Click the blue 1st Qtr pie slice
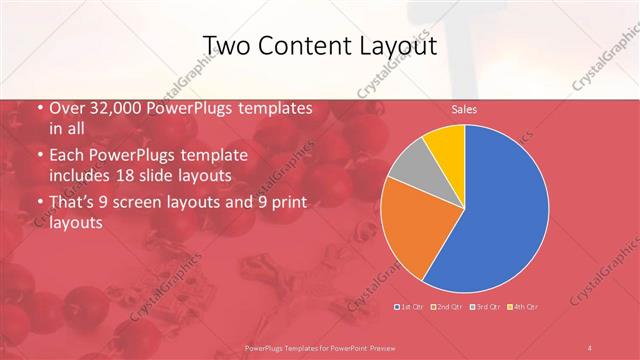pyautogui.click(x=500, y=200)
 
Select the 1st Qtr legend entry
pyautogui.click(x=409, y=305)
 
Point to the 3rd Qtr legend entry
pyautogui.click(x=485, y=305)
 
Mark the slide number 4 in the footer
pyautogui.click(x=590, y=347)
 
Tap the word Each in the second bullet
pyautogui.click(x=66, y=157)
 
